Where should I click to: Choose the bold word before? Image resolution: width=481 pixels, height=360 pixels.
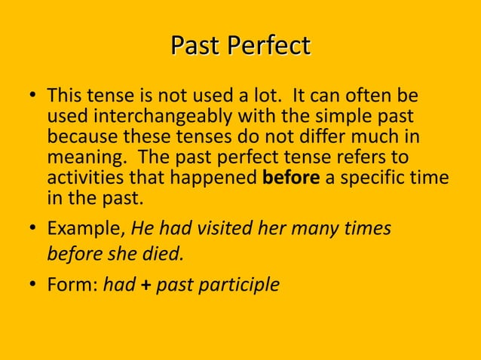click(292, 179)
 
